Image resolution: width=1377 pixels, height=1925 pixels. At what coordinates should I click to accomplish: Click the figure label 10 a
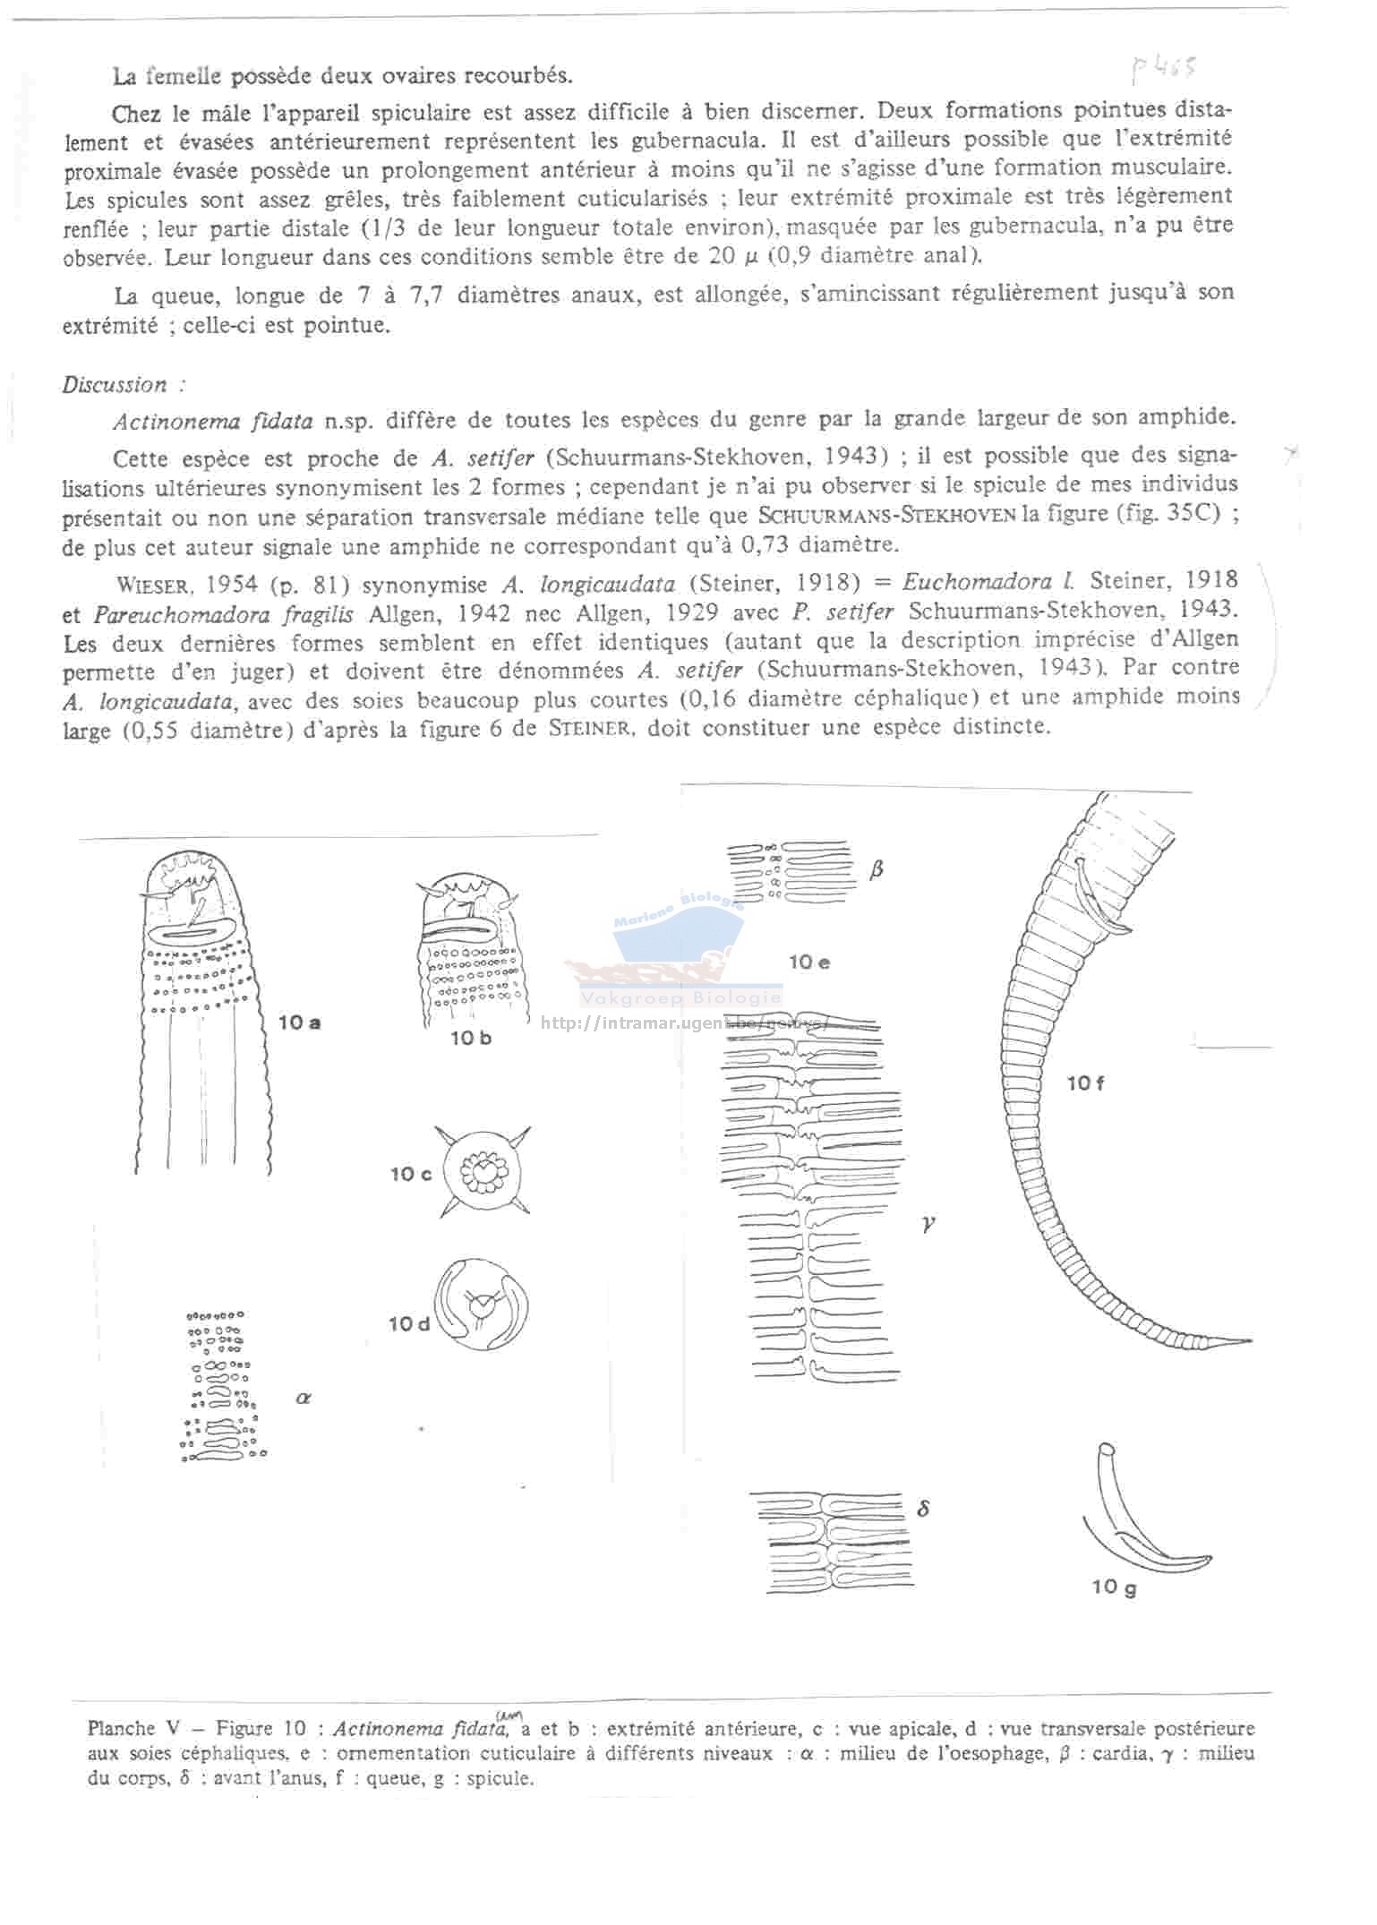click(300, 1022)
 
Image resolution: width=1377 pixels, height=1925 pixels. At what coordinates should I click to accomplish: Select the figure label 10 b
click(471, 1038)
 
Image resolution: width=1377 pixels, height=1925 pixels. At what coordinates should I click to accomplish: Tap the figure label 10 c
click(411, 1174)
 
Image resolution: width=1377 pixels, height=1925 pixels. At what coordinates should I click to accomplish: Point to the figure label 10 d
click(410, 1323)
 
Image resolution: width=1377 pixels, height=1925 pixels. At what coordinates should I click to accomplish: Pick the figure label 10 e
click(809, 962)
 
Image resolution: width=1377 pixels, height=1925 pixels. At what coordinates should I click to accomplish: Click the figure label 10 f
click(1085, 1083)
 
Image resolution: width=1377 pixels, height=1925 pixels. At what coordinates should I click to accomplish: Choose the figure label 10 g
click(1114, 1587)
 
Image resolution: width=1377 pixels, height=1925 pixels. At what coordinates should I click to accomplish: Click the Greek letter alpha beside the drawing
click(303, 1398)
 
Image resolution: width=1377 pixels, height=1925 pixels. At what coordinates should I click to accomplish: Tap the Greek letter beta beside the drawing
click(877, 868)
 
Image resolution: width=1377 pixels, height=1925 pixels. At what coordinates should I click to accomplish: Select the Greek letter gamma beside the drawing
click(928, 1221)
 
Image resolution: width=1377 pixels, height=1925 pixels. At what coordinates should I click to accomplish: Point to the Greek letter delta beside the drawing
click(924, 1508)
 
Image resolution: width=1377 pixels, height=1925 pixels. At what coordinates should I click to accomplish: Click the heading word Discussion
click(115, 385)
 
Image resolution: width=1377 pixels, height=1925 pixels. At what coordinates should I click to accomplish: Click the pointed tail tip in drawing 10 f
click(1244, 1341)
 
